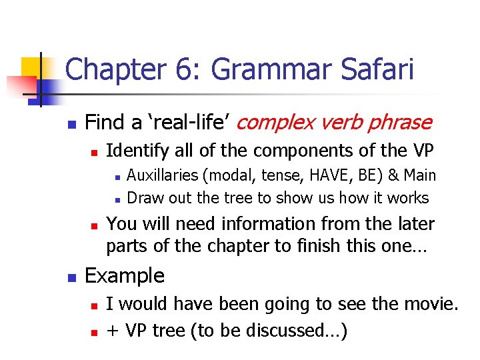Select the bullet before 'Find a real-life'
coord(73,124)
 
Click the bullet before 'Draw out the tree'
coord(116,199)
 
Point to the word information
coord(273,224)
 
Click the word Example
coord(125,275)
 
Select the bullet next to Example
coord(73,276)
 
